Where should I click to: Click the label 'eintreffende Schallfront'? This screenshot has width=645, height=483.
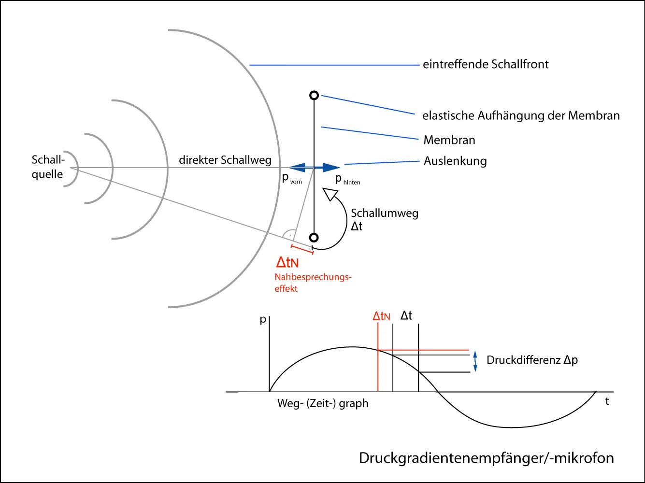[485, 64]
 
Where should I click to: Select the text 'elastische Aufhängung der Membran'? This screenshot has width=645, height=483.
[520, 115]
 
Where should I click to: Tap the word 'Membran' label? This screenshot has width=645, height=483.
[449, 140]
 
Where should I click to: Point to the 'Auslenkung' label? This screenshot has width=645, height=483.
[455, 161]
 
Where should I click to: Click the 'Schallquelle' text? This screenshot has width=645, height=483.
[47, 167]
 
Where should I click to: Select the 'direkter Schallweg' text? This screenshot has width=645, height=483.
[225, 160]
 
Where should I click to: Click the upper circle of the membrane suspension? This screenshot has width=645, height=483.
[314, 95]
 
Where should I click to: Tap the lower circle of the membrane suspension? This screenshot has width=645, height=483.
[314, 238]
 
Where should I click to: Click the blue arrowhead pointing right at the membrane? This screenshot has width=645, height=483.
[332, 168]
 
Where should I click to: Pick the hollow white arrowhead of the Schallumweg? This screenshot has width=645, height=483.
[330, 194]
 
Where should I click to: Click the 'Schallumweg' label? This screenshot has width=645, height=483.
[384, 213]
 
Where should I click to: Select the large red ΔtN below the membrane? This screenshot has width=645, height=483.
[287, 262]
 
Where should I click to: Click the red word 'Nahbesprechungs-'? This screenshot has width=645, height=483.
[313, 277]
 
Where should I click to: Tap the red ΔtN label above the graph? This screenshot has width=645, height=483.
[381, 316]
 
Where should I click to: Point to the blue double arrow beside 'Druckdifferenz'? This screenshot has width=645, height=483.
[475, 361]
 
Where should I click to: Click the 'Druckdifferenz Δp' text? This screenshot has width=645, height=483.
[532, 360]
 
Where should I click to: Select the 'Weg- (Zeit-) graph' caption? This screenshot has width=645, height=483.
[322, 403]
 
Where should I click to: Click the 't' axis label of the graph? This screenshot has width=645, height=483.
[607, 401]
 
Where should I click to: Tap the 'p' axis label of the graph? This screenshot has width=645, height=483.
[263, 319]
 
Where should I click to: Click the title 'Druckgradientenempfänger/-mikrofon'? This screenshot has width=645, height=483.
[486, 457]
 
